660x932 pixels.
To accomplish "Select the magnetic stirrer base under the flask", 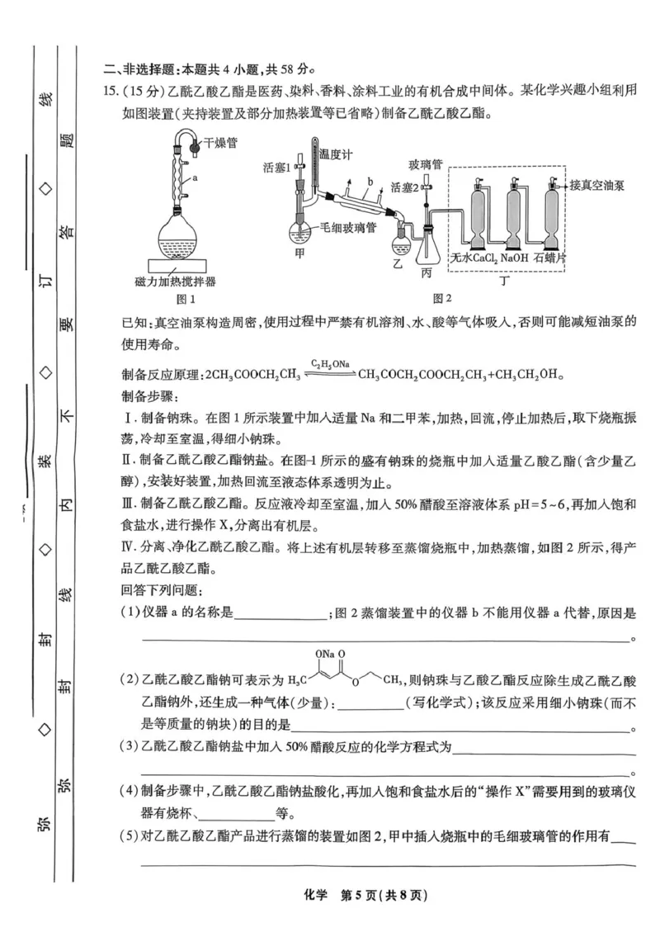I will (181, 265).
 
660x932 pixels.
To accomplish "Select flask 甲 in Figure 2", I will (299, 230).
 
